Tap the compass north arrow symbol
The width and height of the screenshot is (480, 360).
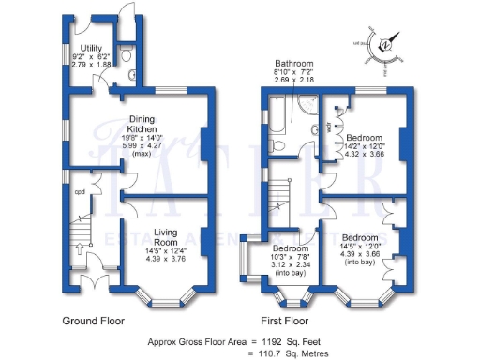383,45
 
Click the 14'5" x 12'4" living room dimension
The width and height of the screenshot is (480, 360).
166,252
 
